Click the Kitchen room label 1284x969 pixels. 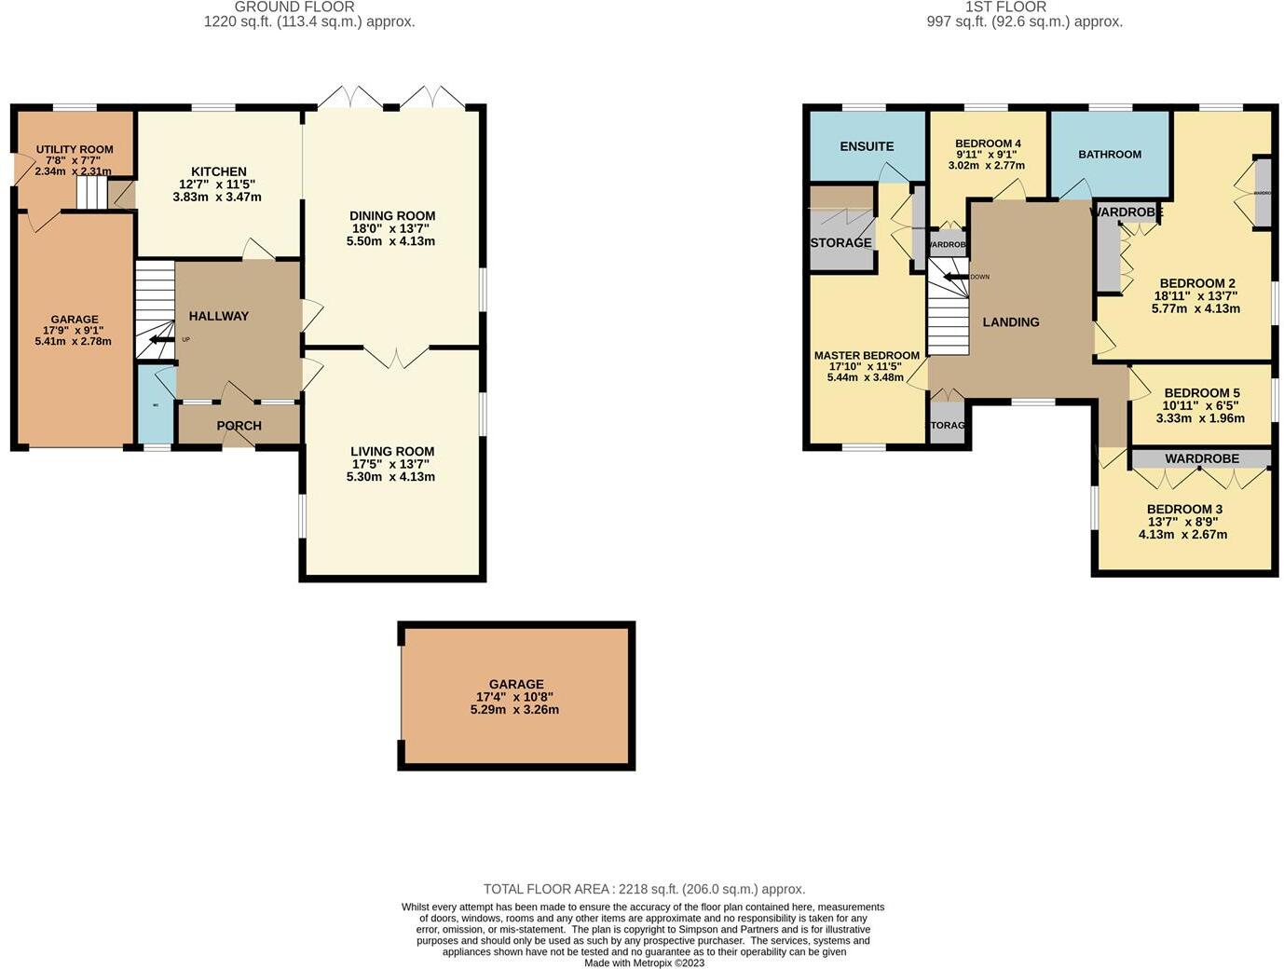(x=218, y=171)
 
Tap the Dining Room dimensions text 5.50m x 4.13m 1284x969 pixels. (x=392, y=241)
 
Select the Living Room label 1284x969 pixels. (x=392, y=452)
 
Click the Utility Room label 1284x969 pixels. (x=75, y=149)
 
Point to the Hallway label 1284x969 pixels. (x=219, y=316)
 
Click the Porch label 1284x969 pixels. (x=239, y=426)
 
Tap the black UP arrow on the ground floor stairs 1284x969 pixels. (x=161, y=340)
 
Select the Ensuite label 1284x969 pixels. (x=867, y=146)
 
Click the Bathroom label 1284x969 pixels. (x=1109, y=155)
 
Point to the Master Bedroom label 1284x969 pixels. (x=867, y=356)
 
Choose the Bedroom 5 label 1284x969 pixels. (x=1201, y=393)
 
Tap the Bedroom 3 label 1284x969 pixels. (x=1183, y=510)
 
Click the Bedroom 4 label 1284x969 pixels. (x=988, y=143)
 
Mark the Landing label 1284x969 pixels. (x=1010, y=322)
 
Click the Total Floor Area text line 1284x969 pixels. (x=644, y=889)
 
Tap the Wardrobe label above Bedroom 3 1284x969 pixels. (x=1201, y=459)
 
